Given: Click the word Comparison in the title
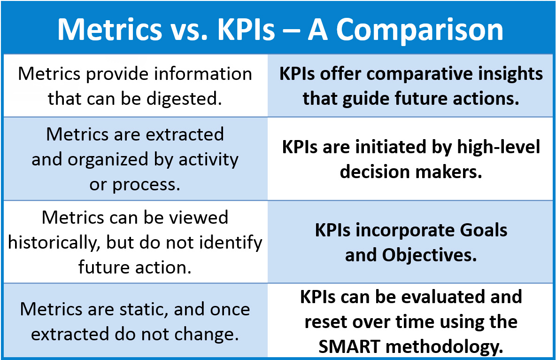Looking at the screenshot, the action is pyautogui.click(x=419, y=29).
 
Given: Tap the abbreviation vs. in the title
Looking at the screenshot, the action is pyautogui.click(x=189, y=29).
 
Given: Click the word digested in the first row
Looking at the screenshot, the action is pyautogui.click(x=185, y=99).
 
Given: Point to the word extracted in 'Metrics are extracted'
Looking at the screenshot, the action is pyautogui.click(x=185, y=134).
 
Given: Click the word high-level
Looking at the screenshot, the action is pyautogui.click(x=499, y=147).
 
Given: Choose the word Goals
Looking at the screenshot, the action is pyautogui.click(x=484, y=230).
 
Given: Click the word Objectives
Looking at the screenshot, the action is pyautogui.click(x=429, y=255).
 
